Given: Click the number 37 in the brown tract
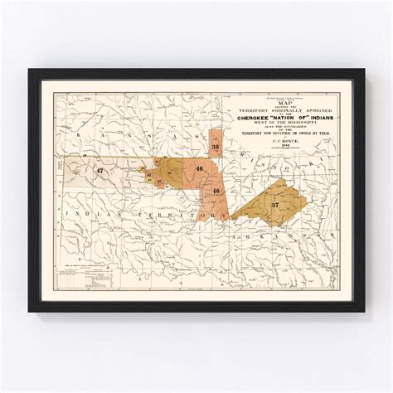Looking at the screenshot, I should tap(274, 203).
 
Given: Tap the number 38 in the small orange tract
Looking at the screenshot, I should tap(216, 148).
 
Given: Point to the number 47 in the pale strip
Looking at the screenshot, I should tap(99, 171).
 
